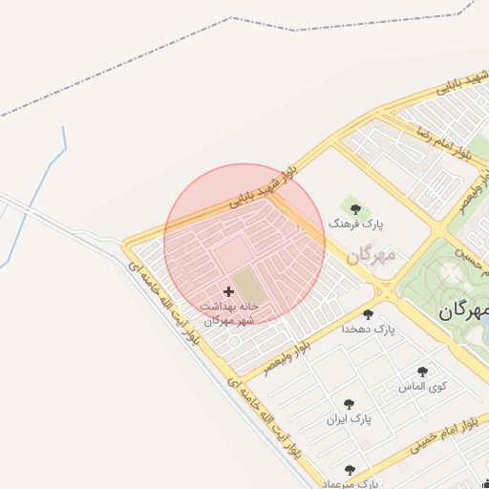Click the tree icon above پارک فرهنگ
[x=355, y=208]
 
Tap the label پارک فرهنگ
[x=355, y=223]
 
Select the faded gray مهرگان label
[x=371, y=255]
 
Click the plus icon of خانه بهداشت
[x=228, y=291]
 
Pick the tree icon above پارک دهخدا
[x=368, y=314]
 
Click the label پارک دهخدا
[x=368, y=330]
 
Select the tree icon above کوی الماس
[x=422, y=372]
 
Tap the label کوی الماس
[x=422, y=387]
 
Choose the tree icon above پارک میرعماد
[x=350, y=470]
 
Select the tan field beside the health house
[x=245, y=284]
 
